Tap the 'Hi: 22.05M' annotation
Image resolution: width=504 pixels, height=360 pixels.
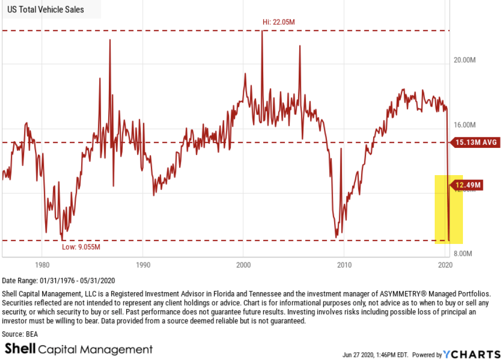coord(278,22)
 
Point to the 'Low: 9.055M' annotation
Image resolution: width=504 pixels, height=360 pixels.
coord(81,248)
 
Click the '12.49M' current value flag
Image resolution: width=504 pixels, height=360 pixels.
coord(467,185)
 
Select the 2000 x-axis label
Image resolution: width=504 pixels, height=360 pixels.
coord(243,266)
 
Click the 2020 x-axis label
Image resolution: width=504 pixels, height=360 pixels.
coord(445,266)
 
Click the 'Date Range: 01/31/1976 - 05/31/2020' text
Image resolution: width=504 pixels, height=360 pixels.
coord(59,280)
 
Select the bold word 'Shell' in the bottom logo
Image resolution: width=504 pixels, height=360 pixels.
coord(20,349)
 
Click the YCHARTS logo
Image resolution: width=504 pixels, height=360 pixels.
coord(472,354)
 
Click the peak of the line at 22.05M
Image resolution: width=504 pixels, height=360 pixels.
coord(262,31)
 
